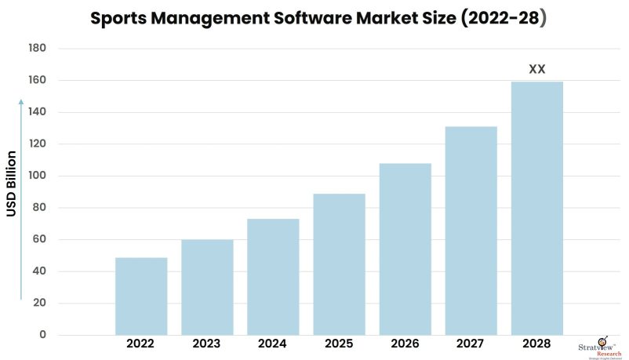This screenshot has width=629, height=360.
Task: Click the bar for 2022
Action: click(141, 296)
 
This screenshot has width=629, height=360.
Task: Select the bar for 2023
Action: click(207, 287)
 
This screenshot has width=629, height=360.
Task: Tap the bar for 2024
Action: click(273, 277)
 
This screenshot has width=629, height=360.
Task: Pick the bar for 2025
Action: click(339, 264)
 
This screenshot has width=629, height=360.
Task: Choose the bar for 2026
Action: click(405, 249)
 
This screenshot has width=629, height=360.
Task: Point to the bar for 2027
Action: click(471, 231)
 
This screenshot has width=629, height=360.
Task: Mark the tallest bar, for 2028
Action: click(537, 209)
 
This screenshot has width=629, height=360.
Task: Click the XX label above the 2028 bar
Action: click(537, 69)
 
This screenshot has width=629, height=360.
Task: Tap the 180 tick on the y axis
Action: click(38, 49)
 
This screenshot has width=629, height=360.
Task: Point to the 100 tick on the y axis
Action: click(38, 176)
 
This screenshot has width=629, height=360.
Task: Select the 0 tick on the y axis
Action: click(43, 336)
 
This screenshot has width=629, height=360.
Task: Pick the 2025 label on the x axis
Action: click(339, 344)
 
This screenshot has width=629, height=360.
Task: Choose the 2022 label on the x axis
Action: click(141, 344)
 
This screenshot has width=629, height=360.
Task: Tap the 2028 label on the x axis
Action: click(537, 344)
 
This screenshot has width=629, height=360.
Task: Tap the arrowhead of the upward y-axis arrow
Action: click(22, 103)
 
